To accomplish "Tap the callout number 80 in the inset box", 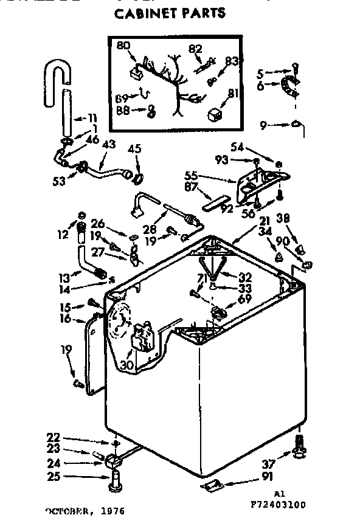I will point(123,46).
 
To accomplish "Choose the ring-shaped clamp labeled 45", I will point(137,178).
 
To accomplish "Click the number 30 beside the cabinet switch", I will point(126,365).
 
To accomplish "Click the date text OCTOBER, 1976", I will point(85,512).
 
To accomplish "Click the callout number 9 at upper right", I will point(263,126).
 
